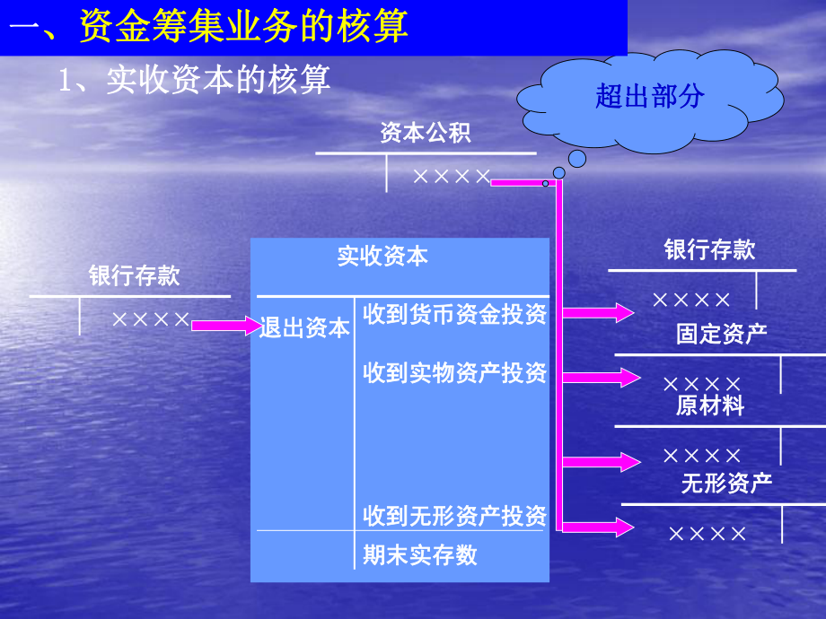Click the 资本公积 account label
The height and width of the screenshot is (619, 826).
click(x=426, y=134)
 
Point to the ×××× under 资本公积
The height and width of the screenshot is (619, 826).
click(x=452, y=177)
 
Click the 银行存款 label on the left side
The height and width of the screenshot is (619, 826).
click(x=135, y=275)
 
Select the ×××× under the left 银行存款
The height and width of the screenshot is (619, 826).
click(x=151, y=318)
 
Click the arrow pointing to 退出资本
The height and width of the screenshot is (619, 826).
click(x=226, y=326)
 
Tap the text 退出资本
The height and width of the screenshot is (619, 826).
click(x=304, y=328)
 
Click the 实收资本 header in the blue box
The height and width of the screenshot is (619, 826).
click(x=383, y=257)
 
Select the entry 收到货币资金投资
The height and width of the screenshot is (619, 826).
click(x=454, y=315)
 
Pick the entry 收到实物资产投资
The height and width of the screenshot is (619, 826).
click(x=454, y=373)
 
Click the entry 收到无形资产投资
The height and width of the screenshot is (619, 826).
click(x=454, y=516)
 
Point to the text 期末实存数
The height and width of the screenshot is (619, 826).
click(x=420, y=555)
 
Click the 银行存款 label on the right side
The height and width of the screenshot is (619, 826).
click(x=709, y=250)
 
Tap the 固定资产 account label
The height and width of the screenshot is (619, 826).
click(x=722, y=335)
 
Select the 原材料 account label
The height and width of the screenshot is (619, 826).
click(x=710, y=405)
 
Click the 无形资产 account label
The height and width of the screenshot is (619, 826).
click(x=726, y=484)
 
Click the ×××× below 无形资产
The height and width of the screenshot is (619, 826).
click(x=707, y=534)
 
